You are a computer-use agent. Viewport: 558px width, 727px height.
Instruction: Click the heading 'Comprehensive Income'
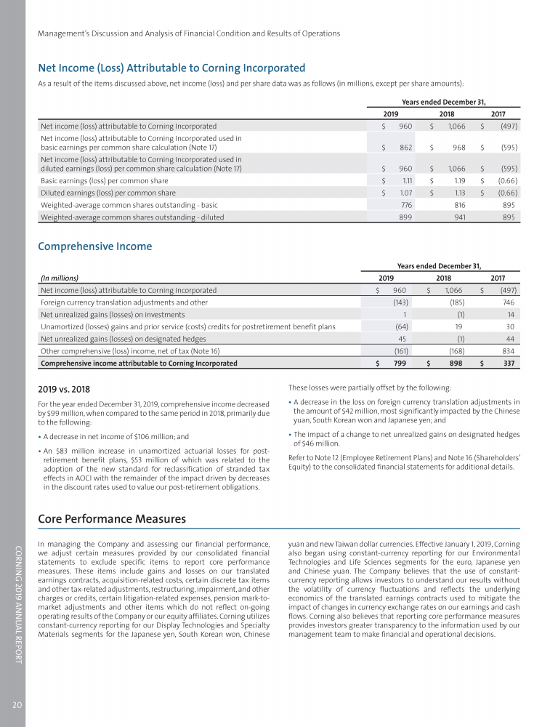[x=94, y=246]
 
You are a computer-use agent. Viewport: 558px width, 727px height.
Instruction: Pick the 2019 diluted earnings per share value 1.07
[x=404, y=193]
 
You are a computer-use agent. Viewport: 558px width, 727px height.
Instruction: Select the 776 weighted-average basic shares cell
[x=406, y=205]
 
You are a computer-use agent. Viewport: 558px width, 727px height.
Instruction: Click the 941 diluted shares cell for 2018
[x=457, y=217]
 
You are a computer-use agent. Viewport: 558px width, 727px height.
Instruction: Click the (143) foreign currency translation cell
[x=400, y=302]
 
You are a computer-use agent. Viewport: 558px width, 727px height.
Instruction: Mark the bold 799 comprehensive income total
[x=399, y=363]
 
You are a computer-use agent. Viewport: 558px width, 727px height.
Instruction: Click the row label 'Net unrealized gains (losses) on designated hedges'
[x=124, y=339]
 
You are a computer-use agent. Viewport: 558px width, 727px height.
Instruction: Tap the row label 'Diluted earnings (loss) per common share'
[x=108, y=193]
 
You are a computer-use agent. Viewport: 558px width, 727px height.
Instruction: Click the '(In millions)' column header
[x=60, y=277]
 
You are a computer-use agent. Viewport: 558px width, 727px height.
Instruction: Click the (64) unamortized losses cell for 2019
[x=400, y=326]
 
